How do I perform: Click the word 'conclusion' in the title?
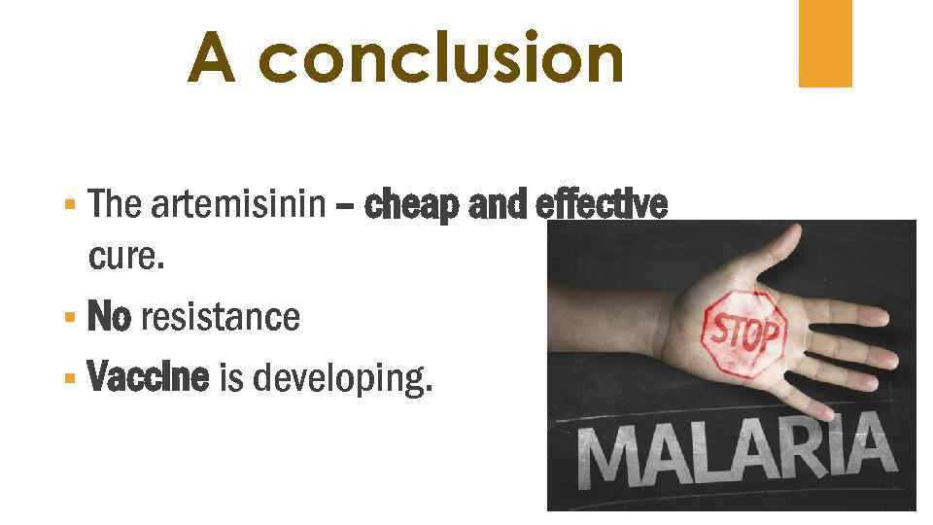[x=443, y=57]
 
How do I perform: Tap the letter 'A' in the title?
[x=212, y=57]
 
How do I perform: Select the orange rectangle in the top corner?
[x=825, y=43]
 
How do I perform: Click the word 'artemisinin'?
[x=236, y=205]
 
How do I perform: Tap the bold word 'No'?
[x=108, y=317]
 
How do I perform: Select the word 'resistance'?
[x=220, y=317]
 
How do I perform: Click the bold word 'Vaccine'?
[x=148, y=377]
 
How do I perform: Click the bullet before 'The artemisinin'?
[x=68, y=206]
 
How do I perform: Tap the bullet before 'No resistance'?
[x=68, y=318]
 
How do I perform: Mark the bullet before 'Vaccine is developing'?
[x=68, y=377]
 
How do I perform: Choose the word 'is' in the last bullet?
[x=231, y=377]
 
